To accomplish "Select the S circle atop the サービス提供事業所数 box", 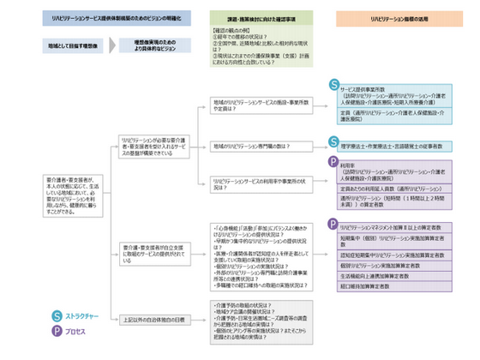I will [333, 83].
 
